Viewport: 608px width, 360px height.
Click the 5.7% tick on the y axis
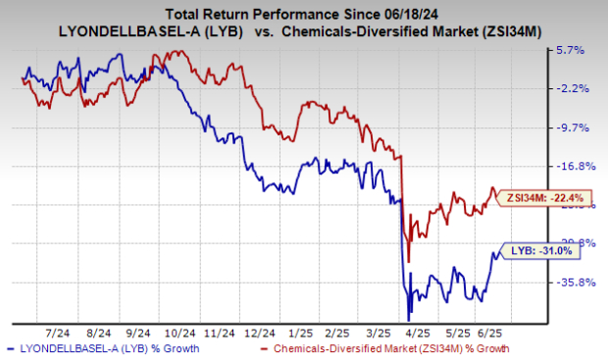[571, 50]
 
